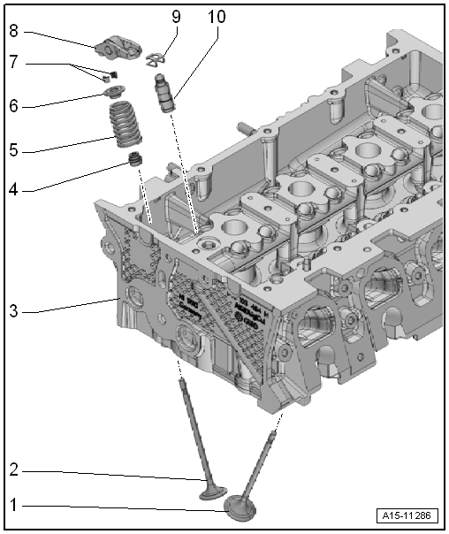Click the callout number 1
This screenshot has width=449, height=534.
tap(13, 507)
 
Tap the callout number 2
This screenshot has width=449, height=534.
tap(13, 470)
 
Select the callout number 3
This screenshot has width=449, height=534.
tap(13, 311)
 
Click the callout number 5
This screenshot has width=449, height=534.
tap(13, 150)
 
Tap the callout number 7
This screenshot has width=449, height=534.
tap(13, 64)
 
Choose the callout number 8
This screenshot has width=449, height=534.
tap(13, 30)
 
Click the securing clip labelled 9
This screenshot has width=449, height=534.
tap(154, 59)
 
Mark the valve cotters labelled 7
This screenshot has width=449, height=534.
tap(111, 76)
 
